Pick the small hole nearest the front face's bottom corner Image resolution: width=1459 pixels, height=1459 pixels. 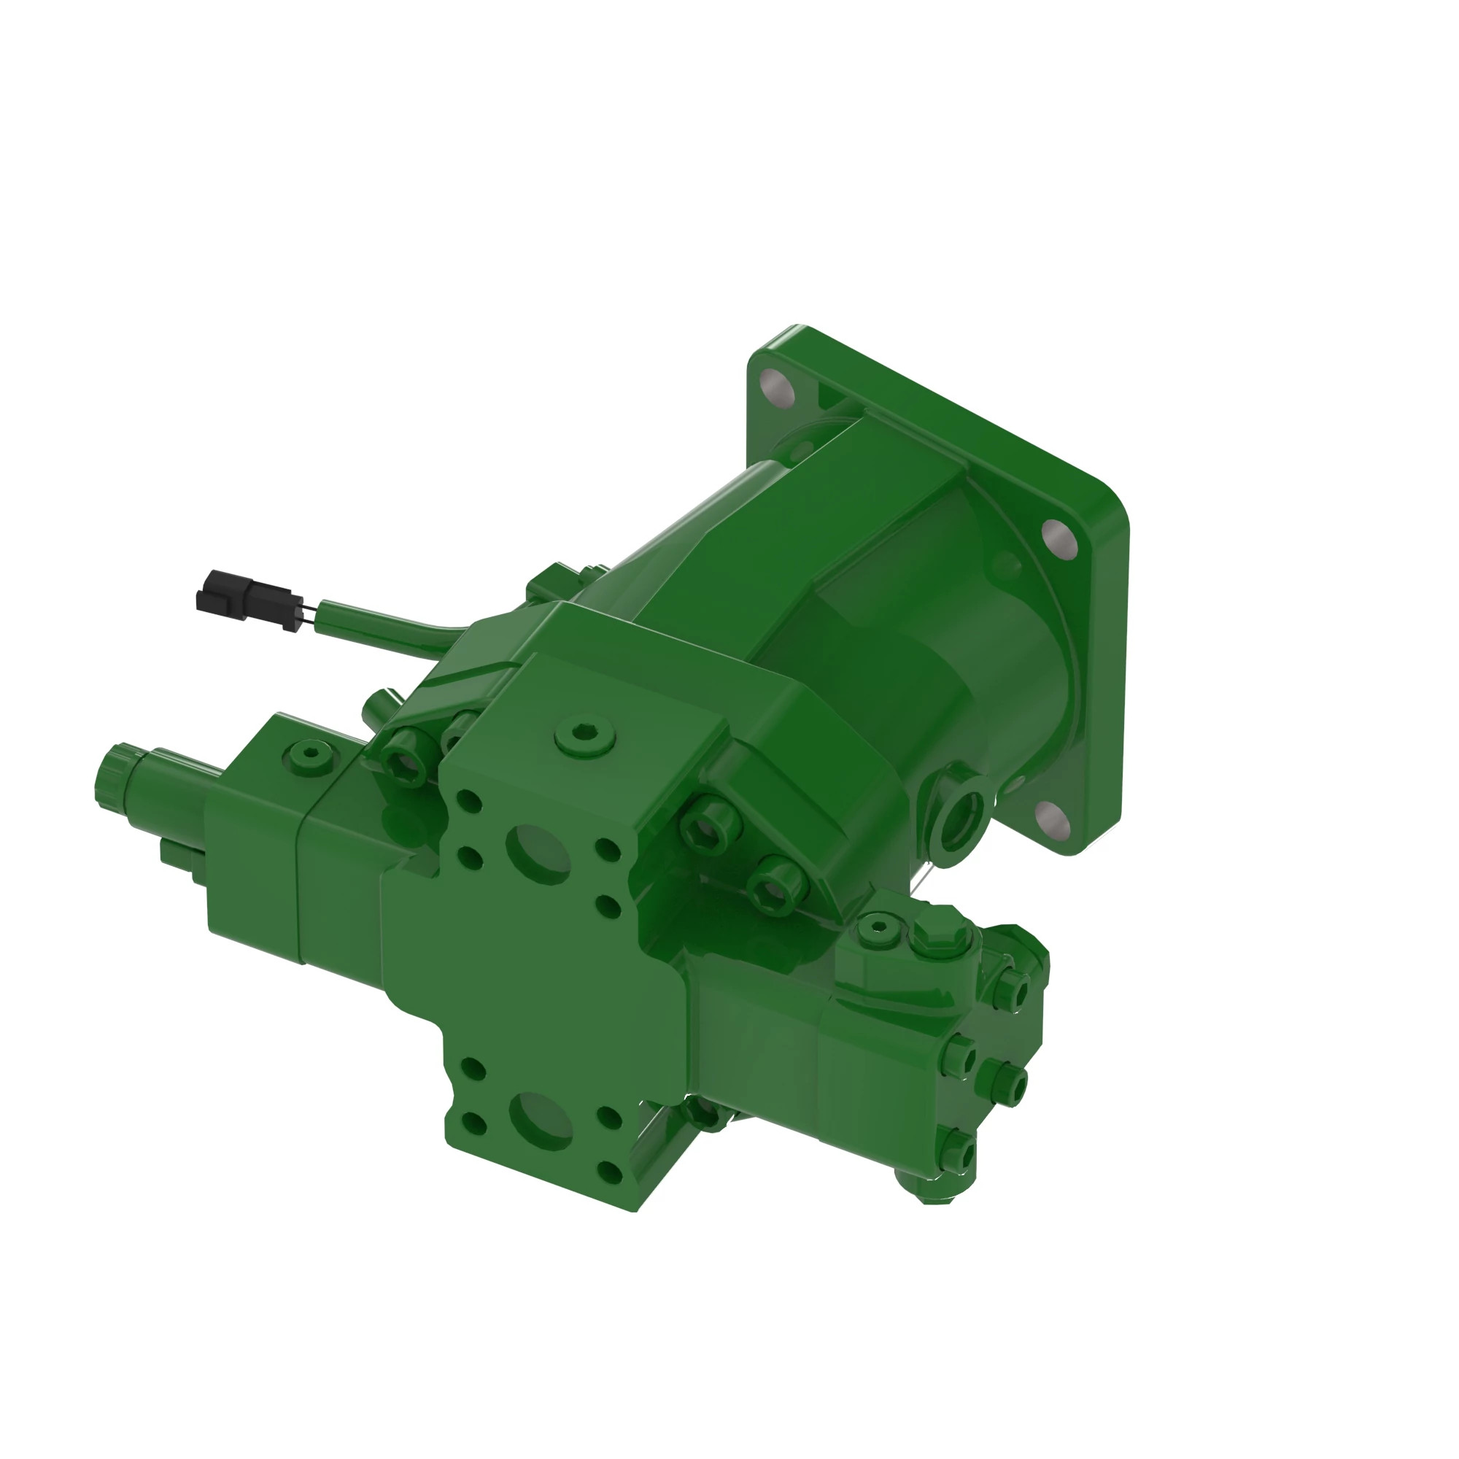[608, 1172]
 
